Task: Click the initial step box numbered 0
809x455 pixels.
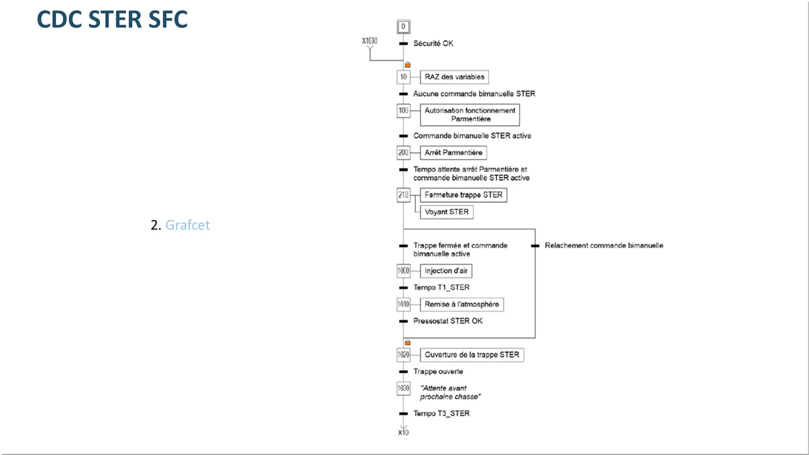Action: pyautogui.click(x=403, y=27)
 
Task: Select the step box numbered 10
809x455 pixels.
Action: pyautogui.click(x=403, y=77)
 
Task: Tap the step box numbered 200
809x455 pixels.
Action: pyautogui.click(x=403, y=153)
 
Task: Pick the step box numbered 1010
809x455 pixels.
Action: pyautogui.click(x=403, y=304)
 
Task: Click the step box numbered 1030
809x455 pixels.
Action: pyautogui.click(x=403, y=389)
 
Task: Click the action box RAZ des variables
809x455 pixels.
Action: pyautogui.click(x=454, y=77)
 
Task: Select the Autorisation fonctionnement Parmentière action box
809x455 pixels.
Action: pyautogui.click(x=470, y=115)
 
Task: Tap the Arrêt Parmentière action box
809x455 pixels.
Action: pyautogui.click(x=453, y=153)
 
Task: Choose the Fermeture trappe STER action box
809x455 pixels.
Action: pyautogui.click(x=464, y=195)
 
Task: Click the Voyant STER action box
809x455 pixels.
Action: pyautogui.click(x=447, y=212)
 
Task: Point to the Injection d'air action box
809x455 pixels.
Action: pyautogui.click(x=446, y=271)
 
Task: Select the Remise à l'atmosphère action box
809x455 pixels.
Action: pyautogui.click(x=462, y=304)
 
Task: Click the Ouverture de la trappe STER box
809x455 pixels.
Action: pyautogui.click(x=472, y=355)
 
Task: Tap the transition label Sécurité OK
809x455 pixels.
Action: pyautogui.click(x=433, y=43)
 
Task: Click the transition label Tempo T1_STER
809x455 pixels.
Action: pyautogui.click(x=441, y=287)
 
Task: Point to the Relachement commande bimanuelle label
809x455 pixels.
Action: pyautogui.click(x=604, y=246)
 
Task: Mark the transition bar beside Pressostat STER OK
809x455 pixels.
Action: pyautogui.click(x=403, y=321)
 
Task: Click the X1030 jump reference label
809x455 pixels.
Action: pyautogui.click(x=370, y=41)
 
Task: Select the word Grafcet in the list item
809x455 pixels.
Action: pyautogui.click(x=188, y=225)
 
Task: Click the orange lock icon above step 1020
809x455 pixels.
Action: pyautogui.click(x=408, y=342)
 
